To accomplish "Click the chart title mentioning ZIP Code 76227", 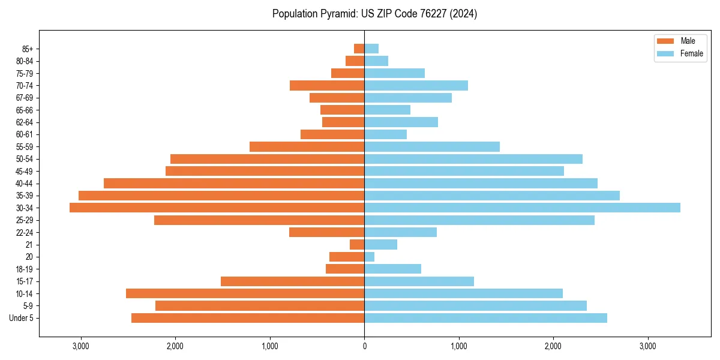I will tap(374, 14).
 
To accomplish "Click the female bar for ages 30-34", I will tap(522, 208).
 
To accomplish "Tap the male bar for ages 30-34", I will tap(217, 208).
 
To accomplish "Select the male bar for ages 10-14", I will tap(245, 293).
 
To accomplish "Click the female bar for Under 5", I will tap(485, 318).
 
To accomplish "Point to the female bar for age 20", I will tap(370, 257).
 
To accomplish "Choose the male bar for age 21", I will tap(357, 245).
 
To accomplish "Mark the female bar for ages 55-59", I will tap(432, 146).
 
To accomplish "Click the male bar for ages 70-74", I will tap(327, 85).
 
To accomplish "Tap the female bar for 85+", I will tap(371, 49).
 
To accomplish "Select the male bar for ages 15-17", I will tap(293, 281).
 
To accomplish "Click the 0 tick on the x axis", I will tap(364, 346).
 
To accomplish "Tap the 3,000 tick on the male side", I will tap(80, 346).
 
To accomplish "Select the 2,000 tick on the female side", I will tap(553, 346).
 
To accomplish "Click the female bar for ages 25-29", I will tap(479, 220).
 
